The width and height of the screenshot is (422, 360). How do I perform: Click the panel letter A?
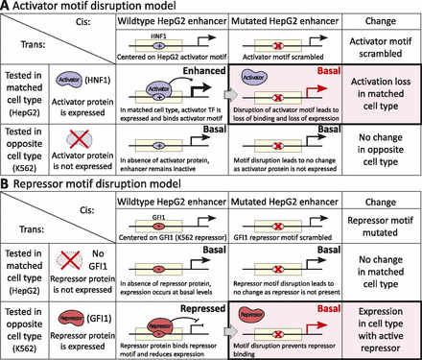7,8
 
